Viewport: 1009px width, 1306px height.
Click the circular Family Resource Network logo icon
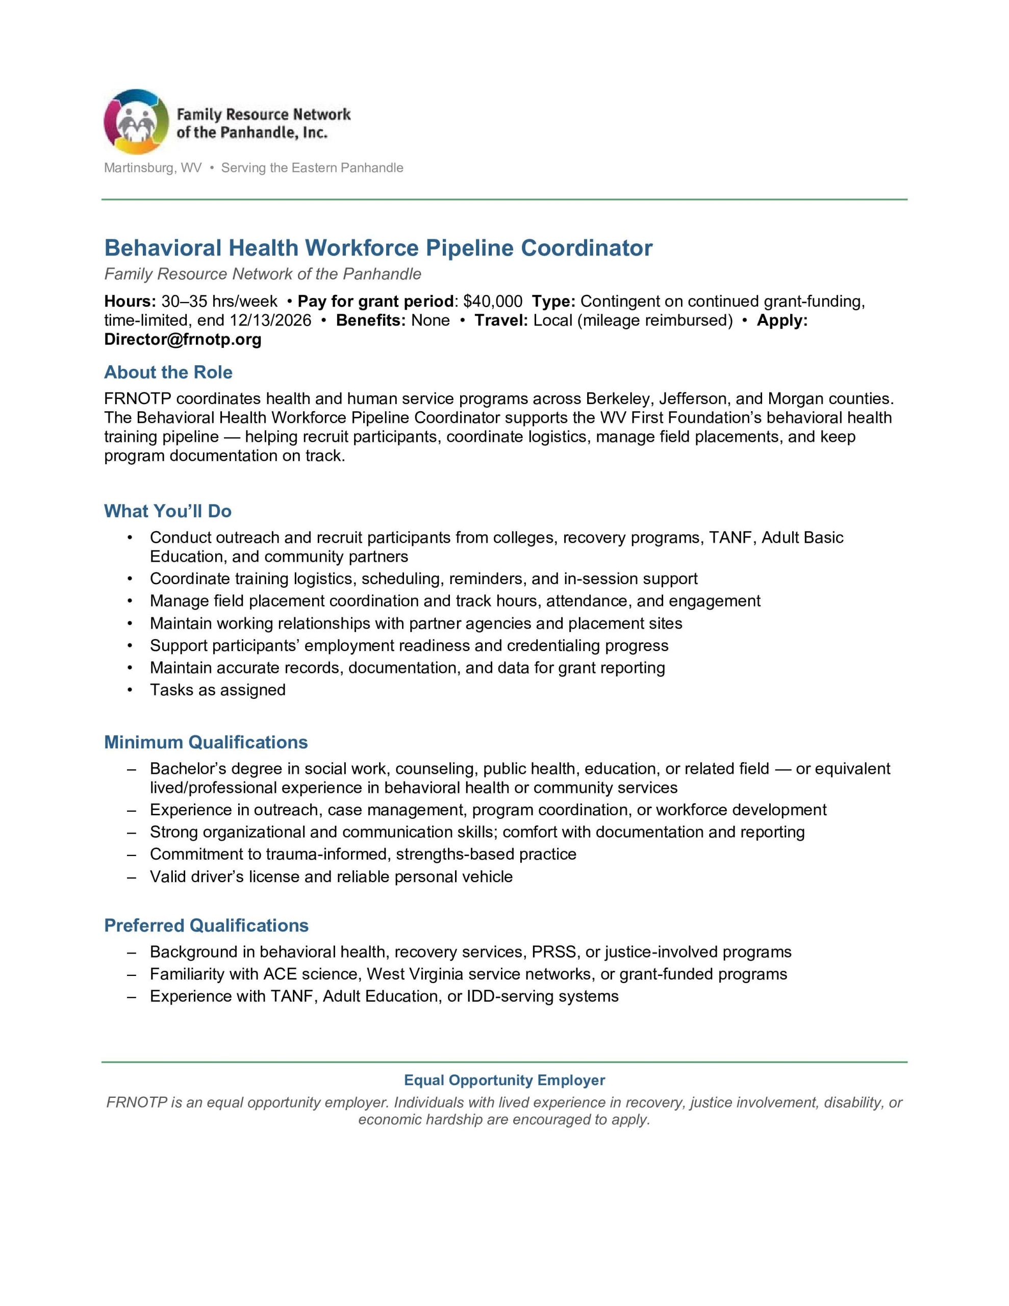point(136,122)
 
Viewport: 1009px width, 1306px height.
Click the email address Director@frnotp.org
point(183,340)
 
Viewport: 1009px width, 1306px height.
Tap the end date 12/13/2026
point(270,320)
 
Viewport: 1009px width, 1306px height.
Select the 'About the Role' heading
point(168,372)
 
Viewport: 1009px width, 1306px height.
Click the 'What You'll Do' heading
point(167,511)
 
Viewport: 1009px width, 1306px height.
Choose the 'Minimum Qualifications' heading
point(206,742)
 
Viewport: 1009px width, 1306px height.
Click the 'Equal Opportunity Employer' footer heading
point(504,1080)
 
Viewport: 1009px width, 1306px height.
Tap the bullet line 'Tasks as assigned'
point(218,690)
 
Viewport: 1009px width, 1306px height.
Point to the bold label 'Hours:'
point(130,302)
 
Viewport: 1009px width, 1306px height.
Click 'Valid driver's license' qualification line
point(331,876)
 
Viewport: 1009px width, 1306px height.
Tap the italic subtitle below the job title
point(263,274)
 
